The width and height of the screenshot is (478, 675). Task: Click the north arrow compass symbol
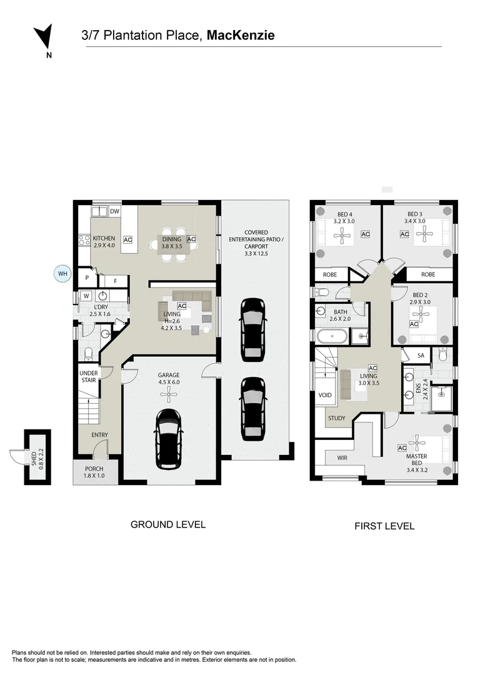[x=44, y=37]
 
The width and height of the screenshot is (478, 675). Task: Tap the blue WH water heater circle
[x=63, y=274]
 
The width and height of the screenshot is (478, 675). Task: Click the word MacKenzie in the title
[x=241, y=35]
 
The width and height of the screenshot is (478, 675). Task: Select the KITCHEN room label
[x=104, y=238]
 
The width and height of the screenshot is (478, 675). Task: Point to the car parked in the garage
[x=168, y=439]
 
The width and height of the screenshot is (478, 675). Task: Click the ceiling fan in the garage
[x=168, y=394]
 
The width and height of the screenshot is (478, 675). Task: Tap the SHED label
[x=34, y=456]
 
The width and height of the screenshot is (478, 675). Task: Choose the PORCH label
[x=94, y=468]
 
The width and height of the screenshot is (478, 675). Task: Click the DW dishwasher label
[x=114, y=211]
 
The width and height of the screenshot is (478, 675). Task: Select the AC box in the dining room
[x=191, y=239]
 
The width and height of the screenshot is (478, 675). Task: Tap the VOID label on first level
[x=326, y=395]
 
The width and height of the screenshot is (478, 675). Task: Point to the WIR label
[x=342, y=458]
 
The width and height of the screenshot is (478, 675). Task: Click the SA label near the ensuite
[x=421, y=356]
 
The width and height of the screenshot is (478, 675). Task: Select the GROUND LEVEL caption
[x=168, y=524]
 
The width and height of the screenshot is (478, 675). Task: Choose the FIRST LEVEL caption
[x=385, y=526]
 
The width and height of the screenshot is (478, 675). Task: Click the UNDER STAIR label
[x=89, y=377]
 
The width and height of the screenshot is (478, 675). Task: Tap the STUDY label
[x=337, y=418]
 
